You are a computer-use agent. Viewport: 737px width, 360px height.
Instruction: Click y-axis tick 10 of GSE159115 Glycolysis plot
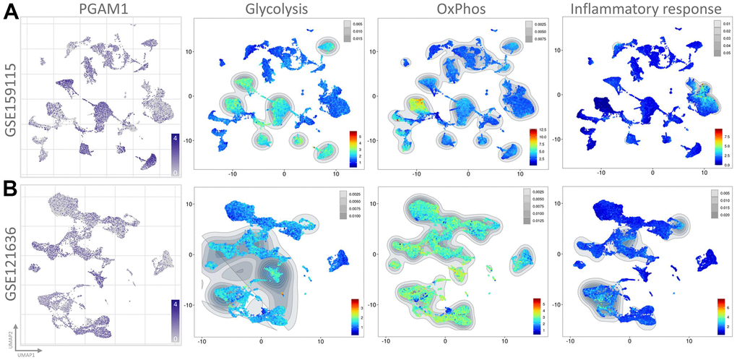tap(189, 51)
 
